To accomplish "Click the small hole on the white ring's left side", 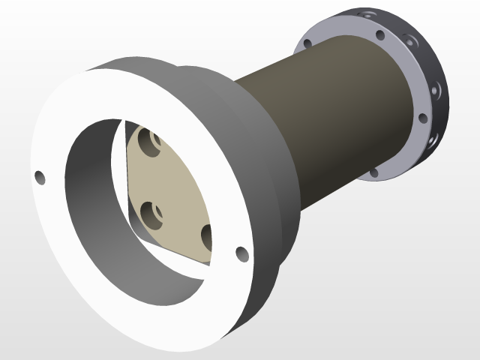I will click(40, 178).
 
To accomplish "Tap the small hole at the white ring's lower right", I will click(241, 254).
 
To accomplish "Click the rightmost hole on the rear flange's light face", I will click(423, 118).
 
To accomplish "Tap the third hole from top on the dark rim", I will click(434, 90).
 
